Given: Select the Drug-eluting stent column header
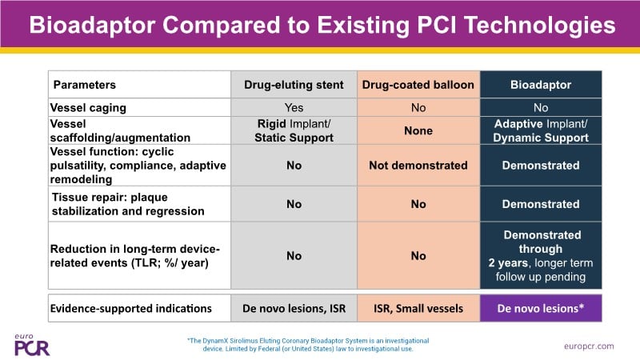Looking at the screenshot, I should pos(294,85).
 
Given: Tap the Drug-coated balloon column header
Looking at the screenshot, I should pos(418,85).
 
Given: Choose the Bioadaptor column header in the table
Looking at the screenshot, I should pos(540,85).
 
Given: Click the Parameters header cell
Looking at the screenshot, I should pos(85,85).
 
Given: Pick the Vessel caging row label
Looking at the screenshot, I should pos(88,106).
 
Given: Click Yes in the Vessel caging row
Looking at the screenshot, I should pos(294,106).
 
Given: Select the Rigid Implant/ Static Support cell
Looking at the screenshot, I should pos(294,130).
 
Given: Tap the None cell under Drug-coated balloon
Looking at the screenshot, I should pos(418,130).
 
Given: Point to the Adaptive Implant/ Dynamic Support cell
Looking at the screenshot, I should pos(540,130).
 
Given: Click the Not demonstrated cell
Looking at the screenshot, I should pos(418,165).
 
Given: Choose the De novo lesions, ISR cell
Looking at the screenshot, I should pos(294,308).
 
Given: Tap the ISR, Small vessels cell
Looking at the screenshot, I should pos(418,308).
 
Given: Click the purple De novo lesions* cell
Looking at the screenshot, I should pos(540,308).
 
